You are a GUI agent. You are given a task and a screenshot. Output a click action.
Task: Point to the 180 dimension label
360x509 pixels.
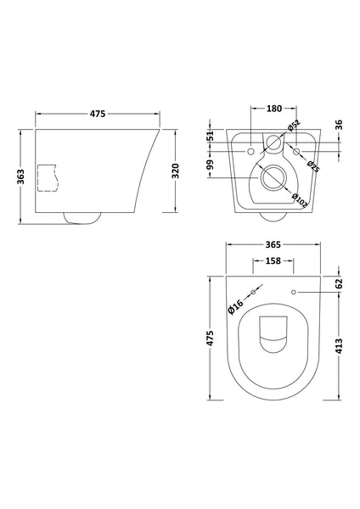pos(273,109)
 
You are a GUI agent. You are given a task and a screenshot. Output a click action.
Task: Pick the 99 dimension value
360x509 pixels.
pos(211,166)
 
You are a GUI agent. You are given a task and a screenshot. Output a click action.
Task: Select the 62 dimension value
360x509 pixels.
pos(339,284)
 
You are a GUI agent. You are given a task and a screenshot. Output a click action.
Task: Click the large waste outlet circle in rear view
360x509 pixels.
pos(273,179)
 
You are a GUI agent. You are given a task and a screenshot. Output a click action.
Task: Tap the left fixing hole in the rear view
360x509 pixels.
pos(252,152)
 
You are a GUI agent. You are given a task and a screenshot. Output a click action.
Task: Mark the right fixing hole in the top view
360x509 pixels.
pos(293,293)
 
